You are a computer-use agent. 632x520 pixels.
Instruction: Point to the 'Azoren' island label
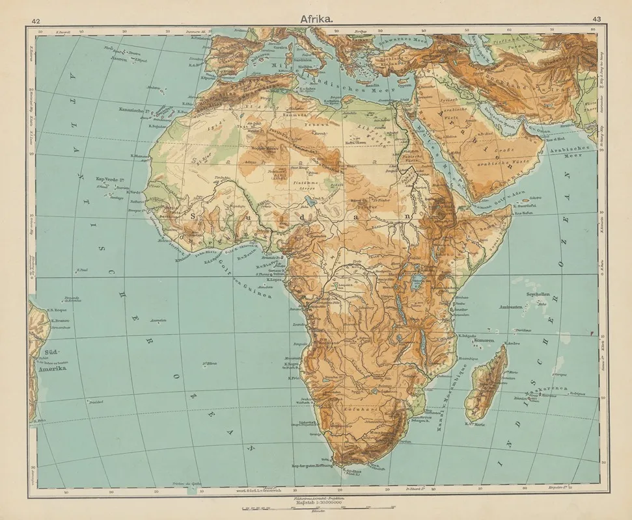119,57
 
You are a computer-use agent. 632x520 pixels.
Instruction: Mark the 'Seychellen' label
536,294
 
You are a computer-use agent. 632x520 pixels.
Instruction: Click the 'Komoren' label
485,341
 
